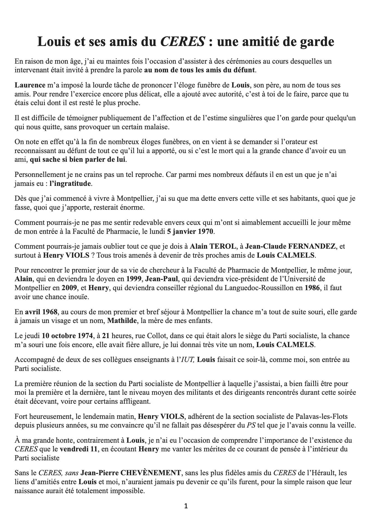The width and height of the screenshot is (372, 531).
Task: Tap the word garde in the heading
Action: pos(317,42)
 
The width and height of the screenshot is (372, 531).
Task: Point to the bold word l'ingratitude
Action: pos(70,184)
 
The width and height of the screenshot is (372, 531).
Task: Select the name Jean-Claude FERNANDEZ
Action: pos(290,246)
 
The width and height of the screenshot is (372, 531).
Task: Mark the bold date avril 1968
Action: pos(41,312)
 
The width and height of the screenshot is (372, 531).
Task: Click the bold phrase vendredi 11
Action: pos(79,449)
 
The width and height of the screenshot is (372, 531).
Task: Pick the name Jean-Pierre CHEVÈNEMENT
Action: pos(131,473)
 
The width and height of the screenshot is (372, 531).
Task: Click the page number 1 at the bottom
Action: pos(186,506)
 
